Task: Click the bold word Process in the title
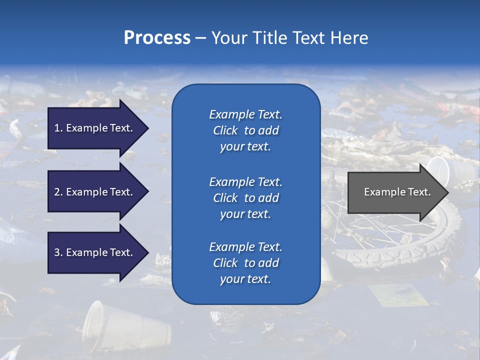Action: (157, 38)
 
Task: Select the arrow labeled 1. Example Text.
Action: (95, 128)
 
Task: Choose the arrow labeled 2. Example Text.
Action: (95, 192)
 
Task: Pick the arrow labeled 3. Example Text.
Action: (95, 252)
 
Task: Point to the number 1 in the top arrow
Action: (57, 128)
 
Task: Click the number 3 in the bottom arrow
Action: (57, 252)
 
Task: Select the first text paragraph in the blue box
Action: (245, 130)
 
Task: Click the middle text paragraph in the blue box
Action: (245, 198)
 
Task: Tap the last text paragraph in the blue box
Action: (245, 263)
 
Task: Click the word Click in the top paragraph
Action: (225, 130)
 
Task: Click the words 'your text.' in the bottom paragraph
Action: (245, 279)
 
